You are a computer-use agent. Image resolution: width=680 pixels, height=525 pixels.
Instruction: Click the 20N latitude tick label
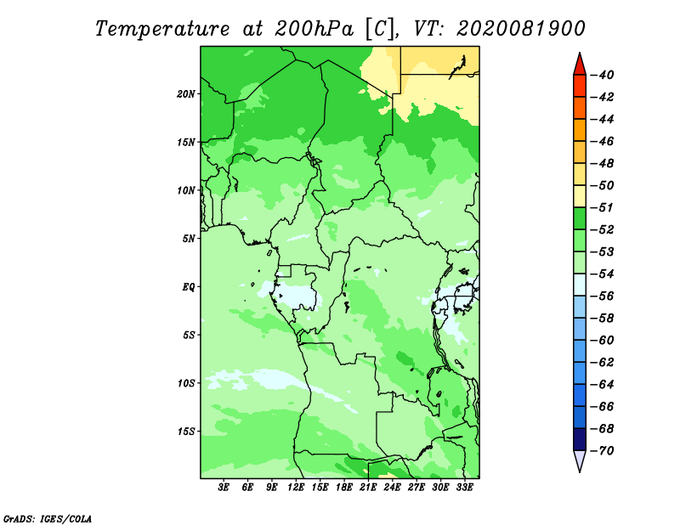[186, 94]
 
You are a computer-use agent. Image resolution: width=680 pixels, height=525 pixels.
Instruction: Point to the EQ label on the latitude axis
[189, 287]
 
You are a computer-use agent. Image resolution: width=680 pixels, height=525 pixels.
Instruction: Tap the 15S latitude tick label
[186, 432]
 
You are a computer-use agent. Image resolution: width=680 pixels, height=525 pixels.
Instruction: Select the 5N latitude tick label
[189, 239]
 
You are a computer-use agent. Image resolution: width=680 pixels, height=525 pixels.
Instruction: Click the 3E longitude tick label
[224, 487]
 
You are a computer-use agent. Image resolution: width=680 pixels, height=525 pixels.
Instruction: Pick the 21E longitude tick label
[368, 487]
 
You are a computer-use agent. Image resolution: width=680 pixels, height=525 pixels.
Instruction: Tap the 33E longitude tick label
[464, 487]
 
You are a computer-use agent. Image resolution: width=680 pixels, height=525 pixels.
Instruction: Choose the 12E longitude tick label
[296, 487]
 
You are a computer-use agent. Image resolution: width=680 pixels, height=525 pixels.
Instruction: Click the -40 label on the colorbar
[603, 75]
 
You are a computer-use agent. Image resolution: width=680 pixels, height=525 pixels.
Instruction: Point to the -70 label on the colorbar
[603, 451]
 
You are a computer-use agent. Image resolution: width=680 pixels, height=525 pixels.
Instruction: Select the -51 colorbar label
[603, 207]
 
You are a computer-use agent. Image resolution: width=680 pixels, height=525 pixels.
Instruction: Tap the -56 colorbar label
[603, 296]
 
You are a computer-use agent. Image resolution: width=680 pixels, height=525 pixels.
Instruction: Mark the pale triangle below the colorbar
[580, 460]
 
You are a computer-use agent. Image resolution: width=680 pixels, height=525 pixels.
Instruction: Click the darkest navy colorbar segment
[580, 439]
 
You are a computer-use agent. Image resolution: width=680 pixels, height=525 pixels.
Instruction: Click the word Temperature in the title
[162, 29]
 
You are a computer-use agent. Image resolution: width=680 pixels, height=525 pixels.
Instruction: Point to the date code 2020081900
[521, 29]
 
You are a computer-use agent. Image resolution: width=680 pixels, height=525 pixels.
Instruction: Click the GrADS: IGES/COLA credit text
[48, 519]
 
